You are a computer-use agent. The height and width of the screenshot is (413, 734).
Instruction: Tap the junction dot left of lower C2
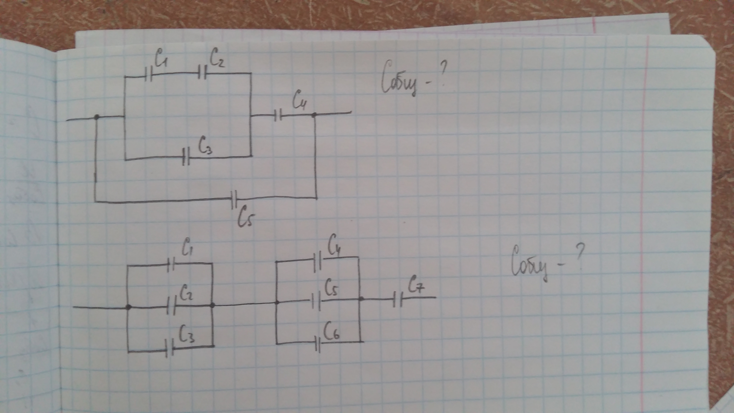(x=129, y=307)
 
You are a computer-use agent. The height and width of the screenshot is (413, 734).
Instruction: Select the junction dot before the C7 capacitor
(x=361, y=299)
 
